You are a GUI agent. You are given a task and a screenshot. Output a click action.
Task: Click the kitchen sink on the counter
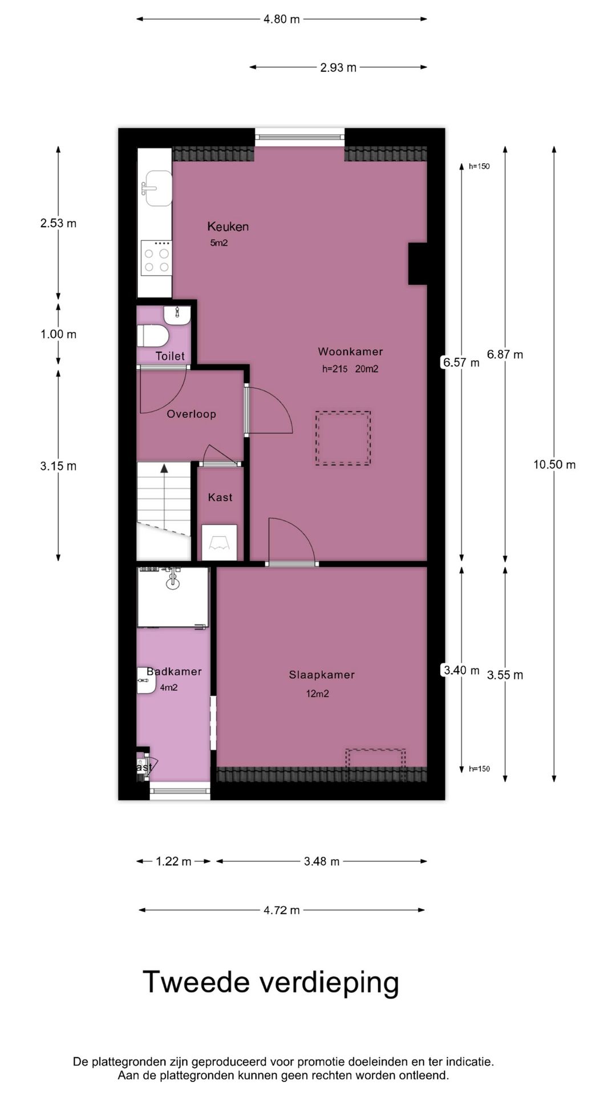(x=158, y=188)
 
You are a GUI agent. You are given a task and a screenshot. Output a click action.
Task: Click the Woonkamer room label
(x=350, y=352)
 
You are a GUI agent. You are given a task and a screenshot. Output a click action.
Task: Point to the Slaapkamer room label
(x=322, y=675)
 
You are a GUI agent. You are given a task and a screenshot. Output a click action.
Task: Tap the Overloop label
(x=191, y=414)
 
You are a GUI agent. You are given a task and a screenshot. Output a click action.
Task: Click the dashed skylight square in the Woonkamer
(x=343, y=438)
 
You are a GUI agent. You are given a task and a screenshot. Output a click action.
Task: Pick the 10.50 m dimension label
(x=554, y=465)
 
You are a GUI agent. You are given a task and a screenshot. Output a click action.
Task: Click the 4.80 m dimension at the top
(x=281, y=19)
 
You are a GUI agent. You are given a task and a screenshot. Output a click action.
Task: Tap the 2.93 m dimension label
(x=338, y=67)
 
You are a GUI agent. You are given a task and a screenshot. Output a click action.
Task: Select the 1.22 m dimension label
(x=173, y=861)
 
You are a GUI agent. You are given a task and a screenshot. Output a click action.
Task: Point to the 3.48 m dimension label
(x=321, y=861)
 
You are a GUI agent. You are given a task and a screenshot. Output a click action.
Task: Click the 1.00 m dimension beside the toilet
(x=58, y=335)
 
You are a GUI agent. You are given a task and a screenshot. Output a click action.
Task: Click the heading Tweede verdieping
(x=270, y=982)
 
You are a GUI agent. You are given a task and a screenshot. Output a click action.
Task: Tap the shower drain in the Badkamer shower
(x=172, y=583)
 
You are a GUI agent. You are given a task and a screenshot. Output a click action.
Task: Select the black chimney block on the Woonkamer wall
(x=418, y=263)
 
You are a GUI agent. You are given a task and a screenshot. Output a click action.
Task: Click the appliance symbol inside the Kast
(x=220, y=542)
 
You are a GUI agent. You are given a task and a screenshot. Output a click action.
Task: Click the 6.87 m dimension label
(x=504, y=354)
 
